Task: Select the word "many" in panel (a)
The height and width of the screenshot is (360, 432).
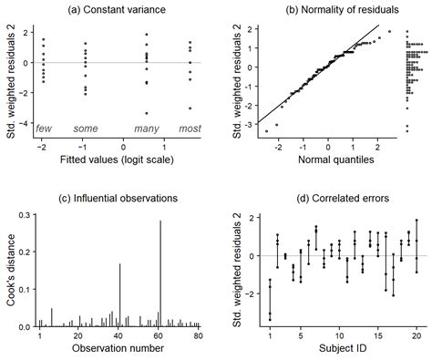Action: coord(147,129)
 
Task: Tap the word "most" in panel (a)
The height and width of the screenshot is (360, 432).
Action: coord(190,129)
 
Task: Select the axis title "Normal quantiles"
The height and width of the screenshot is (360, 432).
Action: coord(333,161)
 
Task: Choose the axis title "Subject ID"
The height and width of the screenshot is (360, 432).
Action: coord(333,352)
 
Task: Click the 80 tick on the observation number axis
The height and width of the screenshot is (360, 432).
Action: coord(198,336)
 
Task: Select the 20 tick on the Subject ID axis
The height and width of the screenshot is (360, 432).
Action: coord(416,336)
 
